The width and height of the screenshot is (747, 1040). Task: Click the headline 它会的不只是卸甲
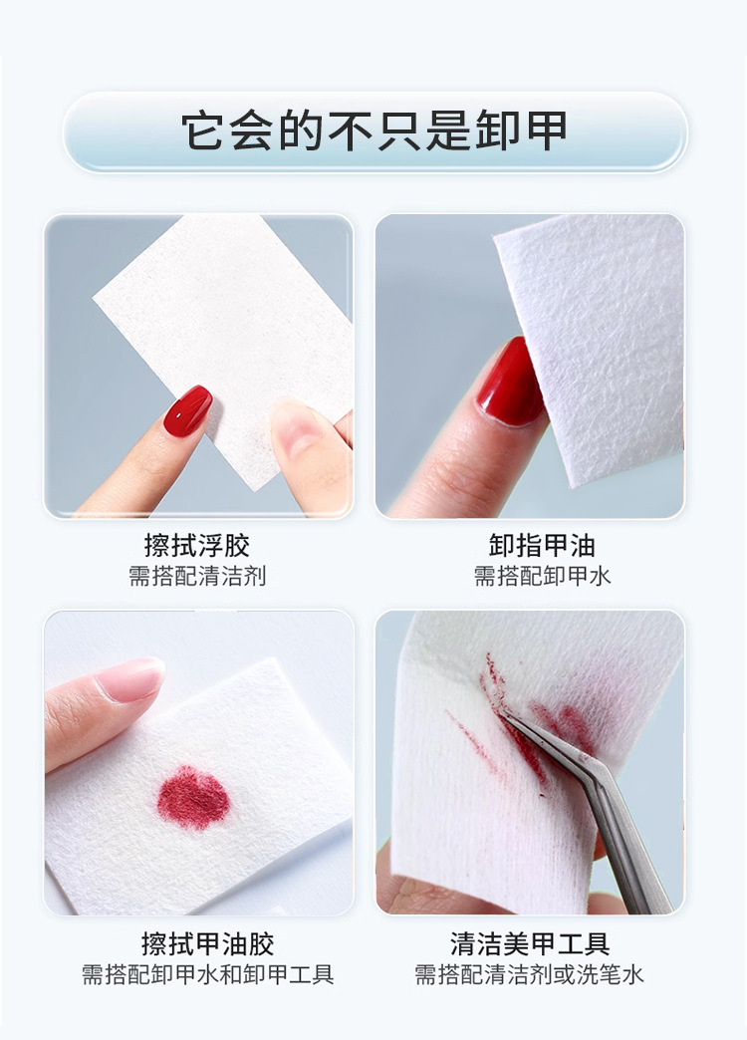click(374, 131)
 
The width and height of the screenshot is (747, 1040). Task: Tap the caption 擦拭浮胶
click(197, 546)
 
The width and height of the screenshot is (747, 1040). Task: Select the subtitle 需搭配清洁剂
click(197, 576)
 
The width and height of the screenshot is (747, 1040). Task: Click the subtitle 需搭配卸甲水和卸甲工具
click(207, 974)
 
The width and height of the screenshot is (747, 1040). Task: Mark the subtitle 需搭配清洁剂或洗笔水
click(529, 974)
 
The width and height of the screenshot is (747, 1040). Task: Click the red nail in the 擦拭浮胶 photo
click(187, 409)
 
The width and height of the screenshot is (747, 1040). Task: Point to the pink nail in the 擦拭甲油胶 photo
click(130, 679)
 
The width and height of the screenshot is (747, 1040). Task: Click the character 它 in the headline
click(203, 131)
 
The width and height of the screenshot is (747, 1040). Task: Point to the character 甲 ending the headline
click(544, 131)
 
